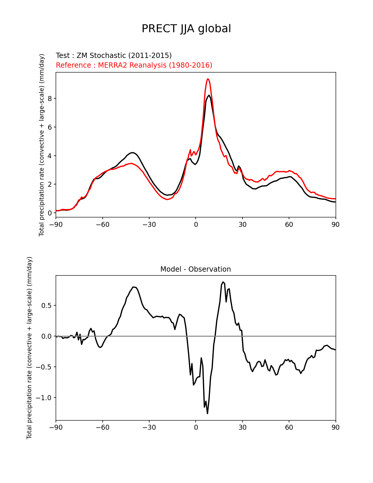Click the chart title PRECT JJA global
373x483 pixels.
point(186,29)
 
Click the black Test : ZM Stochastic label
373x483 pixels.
point(114,56)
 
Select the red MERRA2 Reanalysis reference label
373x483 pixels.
point(134,65)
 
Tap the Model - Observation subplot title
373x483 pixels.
point(195,269)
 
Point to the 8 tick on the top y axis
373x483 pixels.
point(50,99)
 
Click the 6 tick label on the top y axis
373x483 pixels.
point(50,127)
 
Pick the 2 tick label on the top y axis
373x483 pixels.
point(50,184)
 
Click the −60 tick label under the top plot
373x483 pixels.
point(102,225)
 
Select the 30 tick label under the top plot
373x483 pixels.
point(242,225)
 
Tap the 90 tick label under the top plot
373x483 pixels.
point(336,225)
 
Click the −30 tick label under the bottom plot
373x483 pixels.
point(149,427)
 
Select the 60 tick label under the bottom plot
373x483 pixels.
point(289,427)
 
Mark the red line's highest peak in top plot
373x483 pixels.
point(208,79)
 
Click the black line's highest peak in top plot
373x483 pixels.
point(209,95)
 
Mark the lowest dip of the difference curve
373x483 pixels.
point(207,413)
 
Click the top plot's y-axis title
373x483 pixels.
point(42,145)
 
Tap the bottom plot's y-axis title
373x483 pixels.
point(29,348)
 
